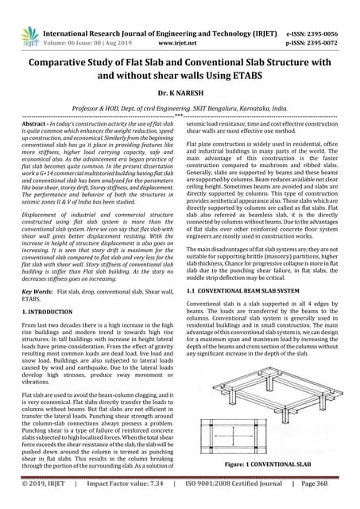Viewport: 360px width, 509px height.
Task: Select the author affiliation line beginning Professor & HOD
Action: [180, 106]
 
